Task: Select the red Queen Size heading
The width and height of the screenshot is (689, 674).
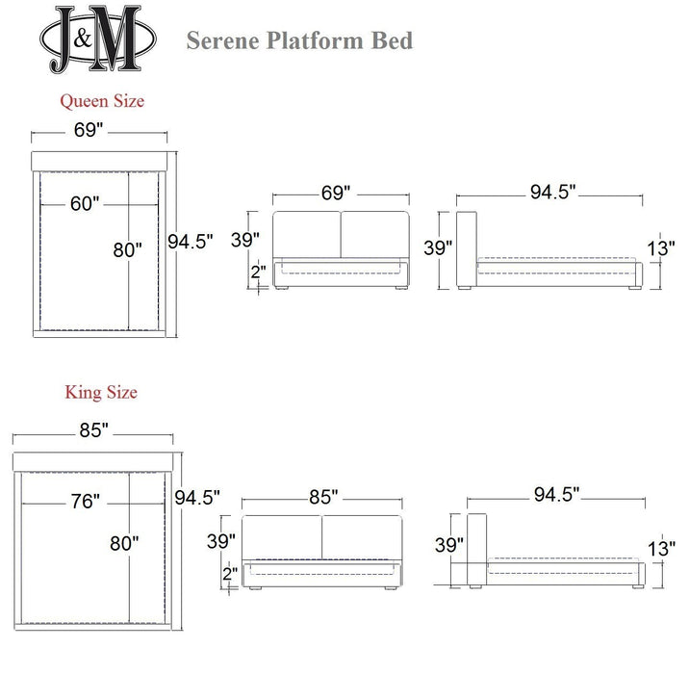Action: tap(102, 100)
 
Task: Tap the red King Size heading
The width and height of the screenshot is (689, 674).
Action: tap(101, 392)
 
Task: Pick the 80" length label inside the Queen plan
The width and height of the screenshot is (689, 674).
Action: tap(127, 249)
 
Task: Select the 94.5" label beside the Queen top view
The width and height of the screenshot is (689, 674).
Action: tap(190, 242)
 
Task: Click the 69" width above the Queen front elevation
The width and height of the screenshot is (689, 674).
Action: tap(336, 193)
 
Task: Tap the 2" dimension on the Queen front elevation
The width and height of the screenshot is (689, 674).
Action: tap(258, 272)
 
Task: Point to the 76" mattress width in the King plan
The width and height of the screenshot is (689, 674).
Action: tap(84, 501)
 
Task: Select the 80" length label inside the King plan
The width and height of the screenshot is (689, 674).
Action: tap(124, 543)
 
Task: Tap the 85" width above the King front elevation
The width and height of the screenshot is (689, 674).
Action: tap(322, 497)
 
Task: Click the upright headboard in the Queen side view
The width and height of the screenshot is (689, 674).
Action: tap(467, 248)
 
